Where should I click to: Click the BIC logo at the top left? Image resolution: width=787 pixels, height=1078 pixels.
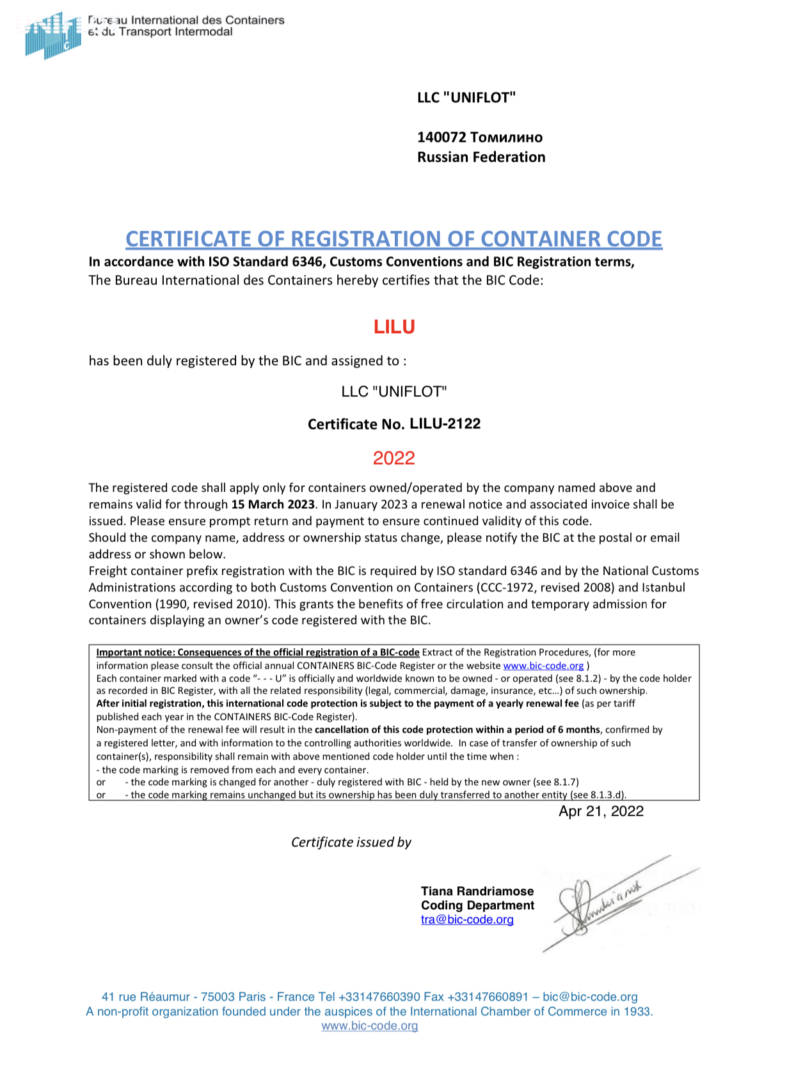[x=52, y=35]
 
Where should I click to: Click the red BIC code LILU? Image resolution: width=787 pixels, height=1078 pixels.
[x=394, y=327]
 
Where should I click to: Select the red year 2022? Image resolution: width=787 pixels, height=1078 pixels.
[x=394, y=458]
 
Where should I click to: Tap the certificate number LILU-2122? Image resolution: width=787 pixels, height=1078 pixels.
[x=445, y=424]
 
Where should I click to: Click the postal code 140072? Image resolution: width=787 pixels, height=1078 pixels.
[x=441, y=137]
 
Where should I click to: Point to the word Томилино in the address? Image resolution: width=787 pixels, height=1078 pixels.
[x=506, y=137]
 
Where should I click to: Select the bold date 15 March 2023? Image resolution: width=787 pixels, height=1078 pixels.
[x=273, y=504]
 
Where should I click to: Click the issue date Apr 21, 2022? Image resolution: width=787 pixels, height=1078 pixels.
[x=601, y=811]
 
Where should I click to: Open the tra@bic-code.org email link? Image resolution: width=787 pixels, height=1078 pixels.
[x=467, y=920]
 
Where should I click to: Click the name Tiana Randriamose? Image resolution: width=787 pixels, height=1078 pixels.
[x=477, y=891]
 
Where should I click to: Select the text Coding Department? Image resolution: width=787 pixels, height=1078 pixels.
[x=477, y=905]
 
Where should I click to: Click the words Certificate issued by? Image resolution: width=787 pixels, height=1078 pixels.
[x=351, y=843]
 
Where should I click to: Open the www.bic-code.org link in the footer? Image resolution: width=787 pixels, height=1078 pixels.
[x=370, y=1026]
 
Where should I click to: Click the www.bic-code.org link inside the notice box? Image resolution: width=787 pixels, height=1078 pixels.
[x=543, y=666]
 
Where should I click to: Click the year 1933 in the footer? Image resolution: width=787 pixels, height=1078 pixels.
[x=637, y=1012]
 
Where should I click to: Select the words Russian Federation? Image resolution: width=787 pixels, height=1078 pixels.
[x=481, y=157]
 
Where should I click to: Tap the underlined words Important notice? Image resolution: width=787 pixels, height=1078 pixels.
[x=135, y=653]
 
